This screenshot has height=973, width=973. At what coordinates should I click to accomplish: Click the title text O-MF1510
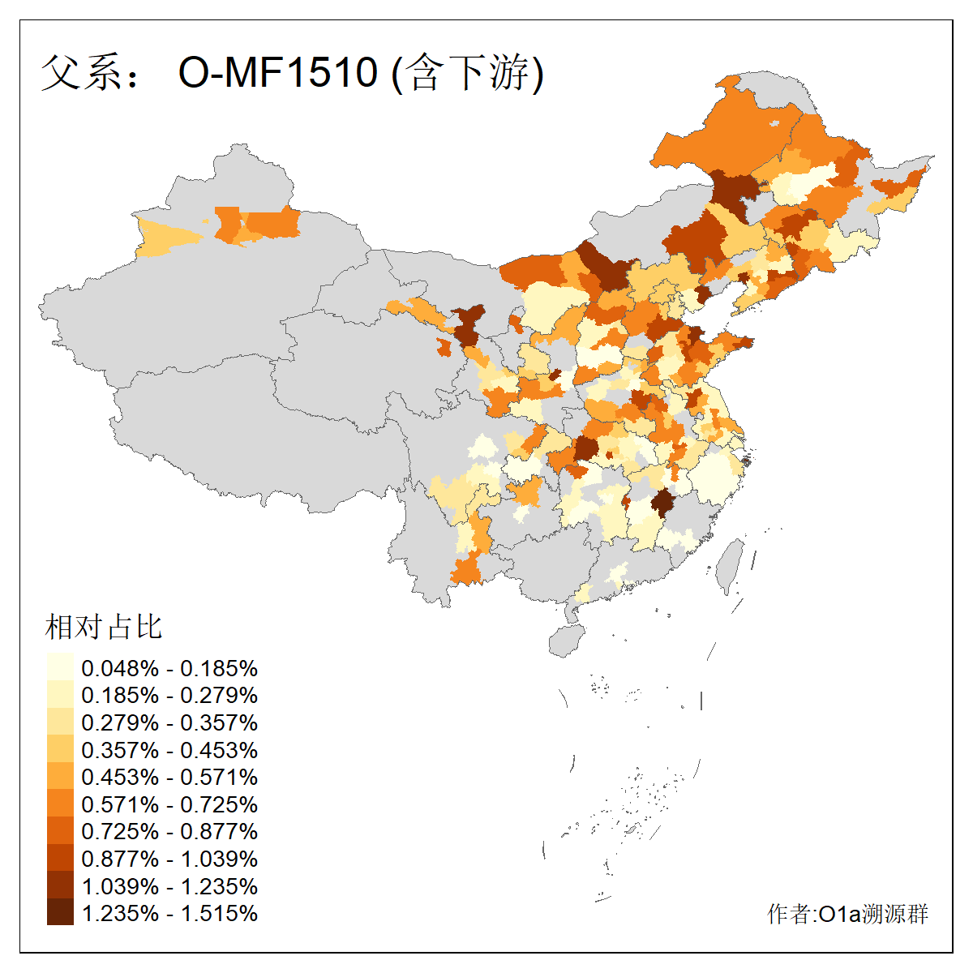(277, 72)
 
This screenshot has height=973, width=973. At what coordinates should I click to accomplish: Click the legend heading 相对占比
(104, 627)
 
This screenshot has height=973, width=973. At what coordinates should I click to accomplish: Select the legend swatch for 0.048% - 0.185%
(60, 667)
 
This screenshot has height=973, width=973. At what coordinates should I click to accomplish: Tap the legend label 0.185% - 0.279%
(169, 695)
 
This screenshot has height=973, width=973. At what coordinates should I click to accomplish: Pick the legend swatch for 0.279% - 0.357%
(60, 722)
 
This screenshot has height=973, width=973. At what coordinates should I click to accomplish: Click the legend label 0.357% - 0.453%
(169, 750)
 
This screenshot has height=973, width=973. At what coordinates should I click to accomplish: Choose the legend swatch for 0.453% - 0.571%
(60, 776)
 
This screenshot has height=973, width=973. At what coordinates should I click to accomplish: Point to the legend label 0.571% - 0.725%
(169, 804)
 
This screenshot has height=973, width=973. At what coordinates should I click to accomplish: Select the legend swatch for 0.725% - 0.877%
(60, 830)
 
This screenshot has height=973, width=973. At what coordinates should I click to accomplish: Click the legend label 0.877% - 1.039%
(169, 859)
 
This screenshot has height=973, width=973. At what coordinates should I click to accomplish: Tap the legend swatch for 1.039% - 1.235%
(60, 885)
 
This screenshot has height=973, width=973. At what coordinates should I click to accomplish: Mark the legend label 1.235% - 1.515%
(169, 913)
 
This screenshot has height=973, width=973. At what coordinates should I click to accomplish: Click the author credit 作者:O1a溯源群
(847, 914)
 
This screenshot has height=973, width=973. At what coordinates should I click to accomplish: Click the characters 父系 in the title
(79, 72)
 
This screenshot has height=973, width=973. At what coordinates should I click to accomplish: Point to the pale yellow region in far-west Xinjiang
(166, 236)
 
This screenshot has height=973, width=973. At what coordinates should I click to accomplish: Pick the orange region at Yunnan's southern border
(466, 569)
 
